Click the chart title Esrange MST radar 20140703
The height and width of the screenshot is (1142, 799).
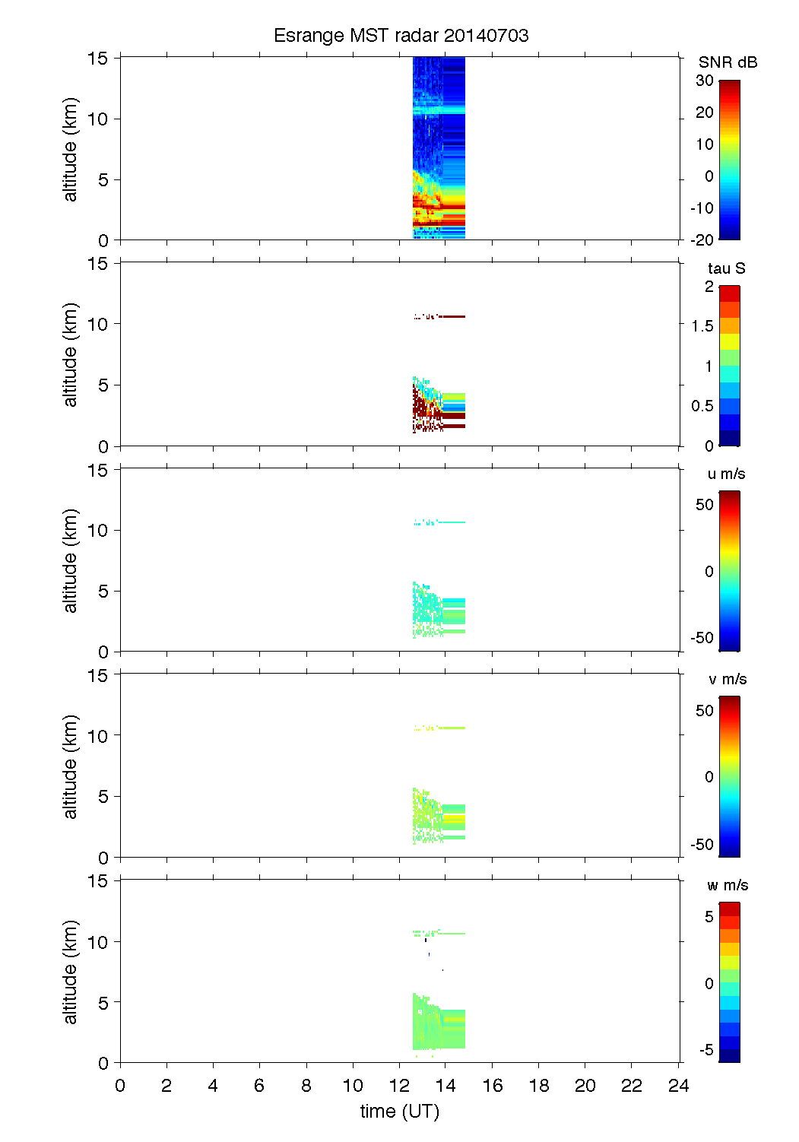click(401, 36)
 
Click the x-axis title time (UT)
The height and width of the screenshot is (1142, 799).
click(400, 1112)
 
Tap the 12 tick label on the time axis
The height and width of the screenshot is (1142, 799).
click(400, 1086)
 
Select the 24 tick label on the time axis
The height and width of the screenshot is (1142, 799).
click(678, 1086)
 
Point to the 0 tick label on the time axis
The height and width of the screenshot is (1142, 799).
click(120, 1086)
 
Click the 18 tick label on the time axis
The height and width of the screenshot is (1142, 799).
click(539, 1086)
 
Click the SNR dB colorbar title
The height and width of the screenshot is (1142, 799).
click(728, 62)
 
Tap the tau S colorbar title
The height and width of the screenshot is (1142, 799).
click(726, 268)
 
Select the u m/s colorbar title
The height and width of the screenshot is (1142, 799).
click(726, 474)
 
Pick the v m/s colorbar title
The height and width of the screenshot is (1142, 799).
click(727, 680)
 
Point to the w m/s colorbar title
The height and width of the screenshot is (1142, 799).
click(728, 886)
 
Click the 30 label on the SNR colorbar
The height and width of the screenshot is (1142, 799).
click(705, 81)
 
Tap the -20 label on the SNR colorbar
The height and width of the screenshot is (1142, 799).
click(702, 240)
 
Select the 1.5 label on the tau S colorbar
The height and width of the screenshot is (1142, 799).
click(702, 326)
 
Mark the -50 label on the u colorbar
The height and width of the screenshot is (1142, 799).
click(702, 638)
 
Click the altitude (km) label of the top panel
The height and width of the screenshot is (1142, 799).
click(71, 149)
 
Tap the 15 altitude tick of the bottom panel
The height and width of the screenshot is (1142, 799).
click(98, 881)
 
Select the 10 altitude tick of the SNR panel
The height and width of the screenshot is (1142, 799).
click(98, 119)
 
